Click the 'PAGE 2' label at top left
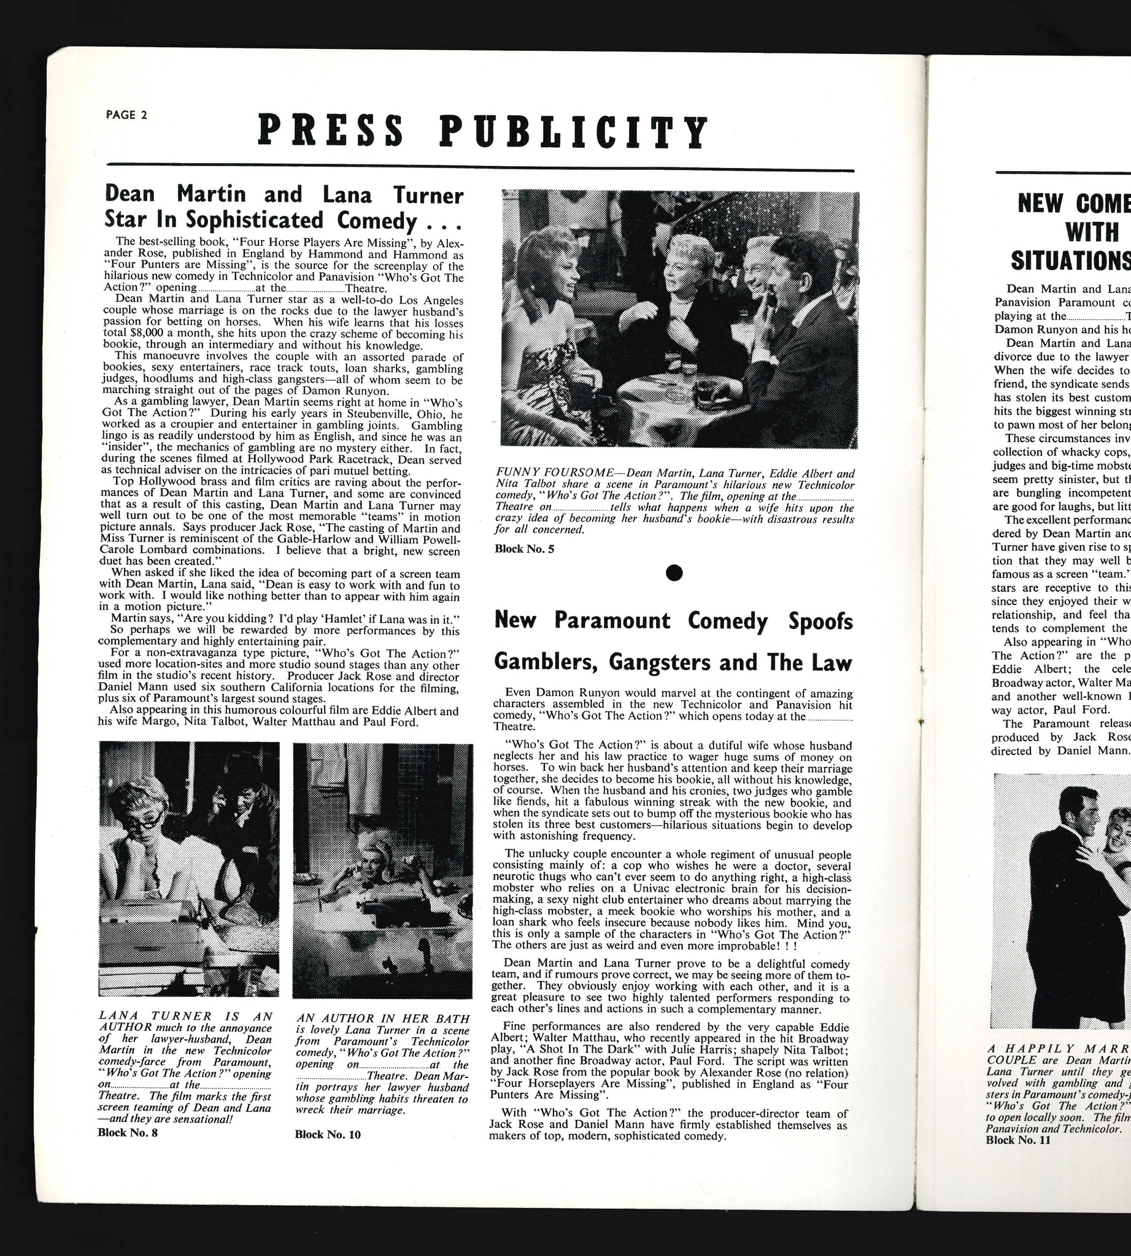click(126, 115)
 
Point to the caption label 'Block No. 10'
click(328, 1152)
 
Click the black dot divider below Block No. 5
click(674, 573)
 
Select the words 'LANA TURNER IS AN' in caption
click(185, 1016)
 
